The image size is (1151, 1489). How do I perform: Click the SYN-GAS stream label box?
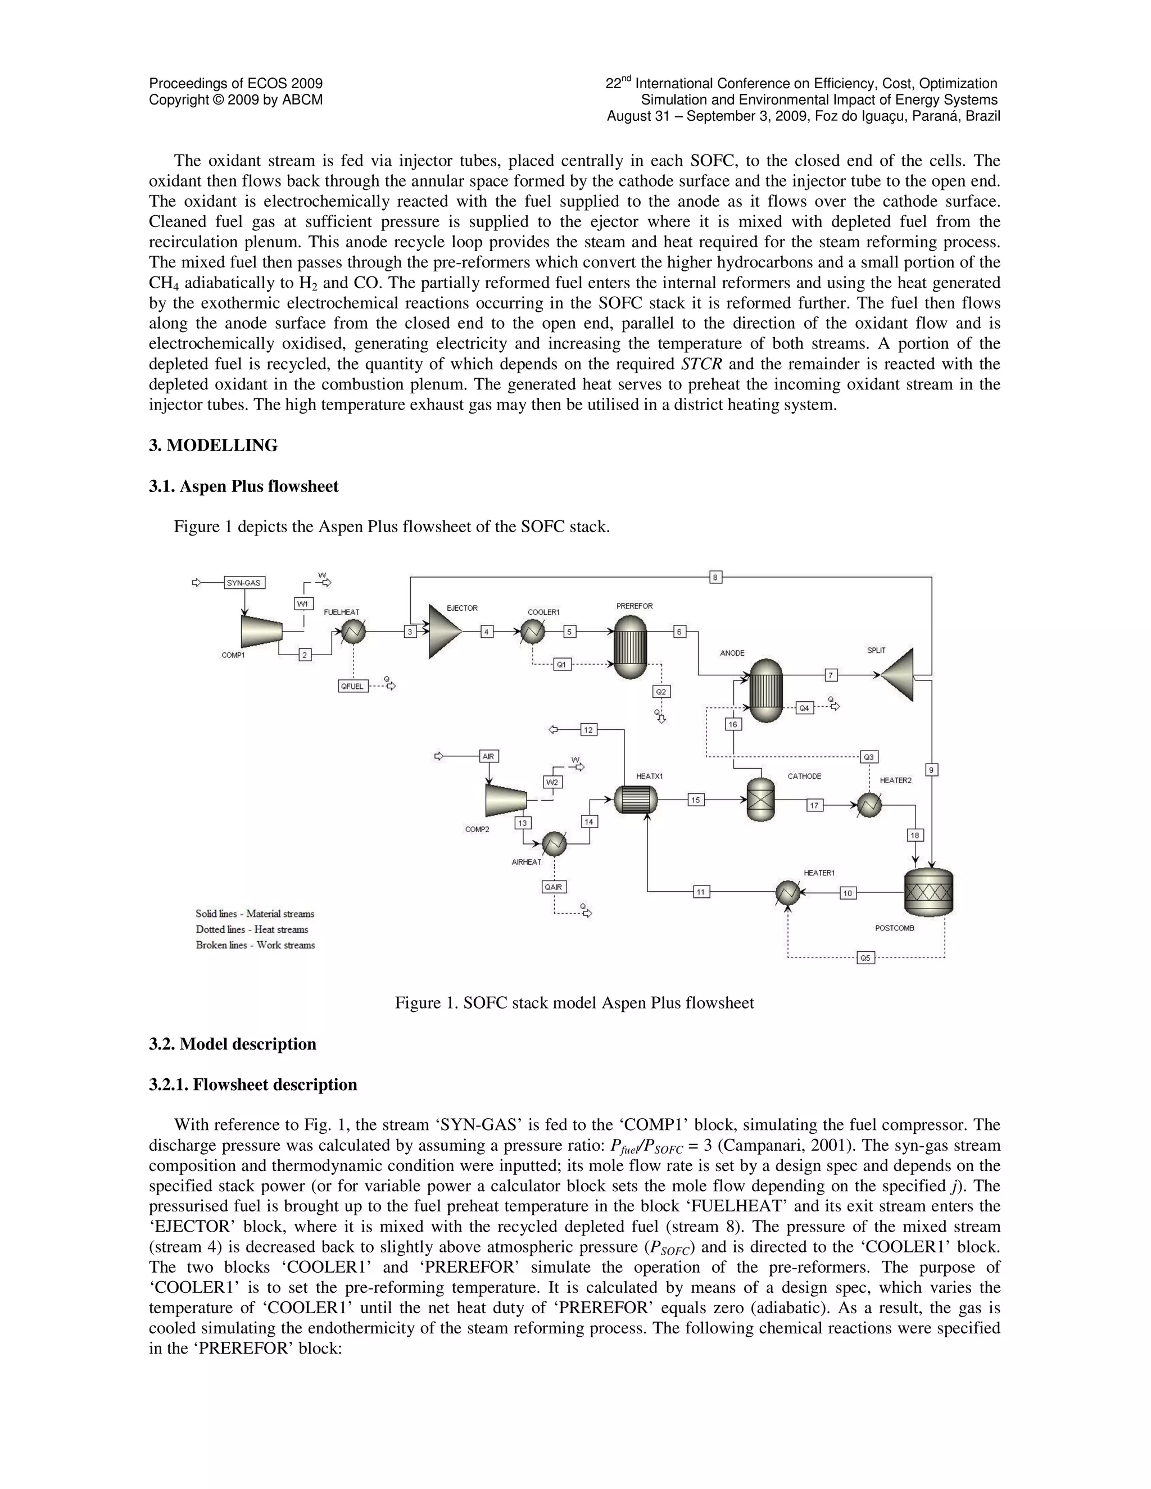coord(244,583)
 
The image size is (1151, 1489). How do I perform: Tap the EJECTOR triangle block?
coord(444,632)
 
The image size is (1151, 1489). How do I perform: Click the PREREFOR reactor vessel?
coord(629,647)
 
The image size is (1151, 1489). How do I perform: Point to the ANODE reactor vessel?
coord(766,689)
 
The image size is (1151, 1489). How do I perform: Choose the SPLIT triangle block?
coord(899,675)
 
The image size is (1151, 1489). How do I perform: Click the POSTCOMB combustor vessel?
coord(928,892)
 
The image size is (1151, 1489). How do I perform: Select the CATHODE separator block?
coord(760,800)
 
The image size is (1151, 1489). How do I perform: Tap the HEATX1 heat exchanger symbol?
coord(636,800)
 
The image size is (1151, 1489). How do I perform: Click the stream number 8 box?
coord(715,578)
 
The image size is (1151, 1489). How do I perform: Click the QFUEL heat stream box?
coord(352,686)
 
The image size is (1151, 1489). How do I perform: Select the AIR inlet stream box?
coord(488,756)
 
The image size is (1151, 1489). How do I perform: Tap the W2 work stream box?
coord(552,782)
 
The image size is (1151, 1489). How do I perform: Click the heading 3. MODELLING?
coord(214,446)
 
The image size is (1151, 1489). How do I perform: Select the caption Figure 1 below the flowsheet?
coord(574,1003)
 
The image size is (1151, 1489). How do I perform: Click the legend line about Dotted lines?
coord(252,929)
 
